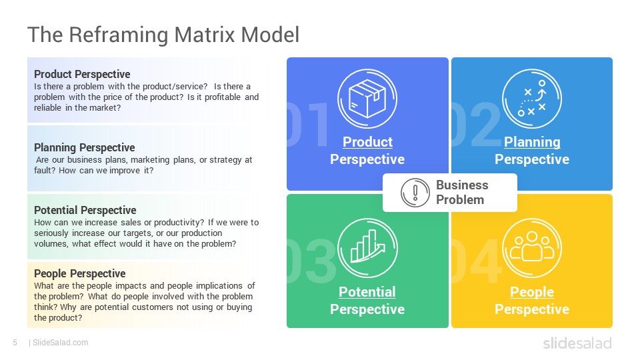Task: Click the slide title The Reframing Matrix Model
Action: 163,34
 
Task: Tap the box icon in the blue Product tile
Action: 367,99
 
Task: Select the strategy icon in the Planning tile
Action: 532,99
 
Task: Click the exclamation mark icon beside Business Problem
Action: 415,193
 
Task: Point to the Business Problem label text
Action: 462,192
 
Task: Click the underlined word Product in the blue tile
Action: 367,142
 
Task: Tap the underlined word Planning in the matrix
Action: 532,142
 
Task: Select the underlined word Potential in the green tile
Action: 367,292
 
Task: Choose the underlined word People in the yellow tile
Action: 532,292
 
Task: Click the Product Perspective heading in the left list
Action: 82,74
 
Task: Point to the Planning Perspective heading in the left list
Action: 85,147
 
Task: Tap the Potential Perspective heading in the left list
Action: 85,210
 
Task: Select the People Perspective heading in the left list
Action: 79,273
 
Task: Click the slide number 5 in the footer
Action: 15,343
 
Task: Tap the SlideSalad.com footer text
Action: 60,343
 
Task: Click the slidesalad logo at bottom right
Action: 577,343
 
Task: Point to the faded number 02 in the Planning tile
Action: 476,124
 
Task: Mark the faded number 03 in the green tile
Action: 311,261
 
